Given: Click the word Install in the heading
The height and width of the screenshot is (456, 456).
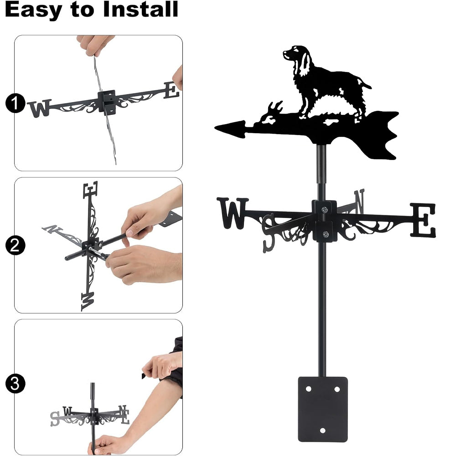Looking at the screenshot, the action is (x=140, y=9).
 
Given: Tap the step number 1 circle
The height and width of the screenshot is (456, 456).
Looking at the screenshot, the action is (x=15, y=103).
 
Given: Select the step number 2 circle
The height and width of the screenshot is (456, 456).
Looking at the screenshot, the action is (x=15, y=245).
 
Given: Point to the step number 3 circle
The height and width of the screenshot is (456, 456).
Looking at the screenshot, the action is (x=15, y=383).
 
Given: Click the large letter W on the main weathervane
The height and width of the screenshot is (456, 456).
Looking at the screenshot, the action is (x=233, y=213).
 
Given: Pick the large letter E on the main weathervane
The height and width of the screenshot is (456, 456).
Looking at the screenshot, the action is (x=423, y=220).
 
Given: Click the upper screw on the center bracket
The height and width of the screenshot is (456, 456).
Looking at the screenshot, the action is (x=325, y=209).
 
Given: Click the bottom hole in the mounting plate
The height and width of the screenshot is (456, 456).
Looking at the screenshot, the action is (x=322, y=430).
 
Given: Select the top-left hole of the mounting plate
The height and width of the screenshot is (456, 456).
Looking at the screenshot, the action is (x=308, y=389).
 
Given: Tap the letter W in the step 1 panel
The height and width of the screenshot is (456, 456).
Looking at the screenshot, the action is (x=40, y=108).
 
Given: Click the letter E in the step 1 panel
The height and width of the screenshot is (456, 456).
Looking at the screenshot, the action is (x=171, y=90).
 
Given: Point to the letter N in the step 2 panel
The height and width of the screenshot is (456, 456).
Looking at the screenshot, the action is (x=52, y=229).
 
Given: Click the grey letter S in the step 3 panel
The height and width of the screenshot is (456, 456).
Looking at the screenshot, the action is (x=55, y=419).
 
